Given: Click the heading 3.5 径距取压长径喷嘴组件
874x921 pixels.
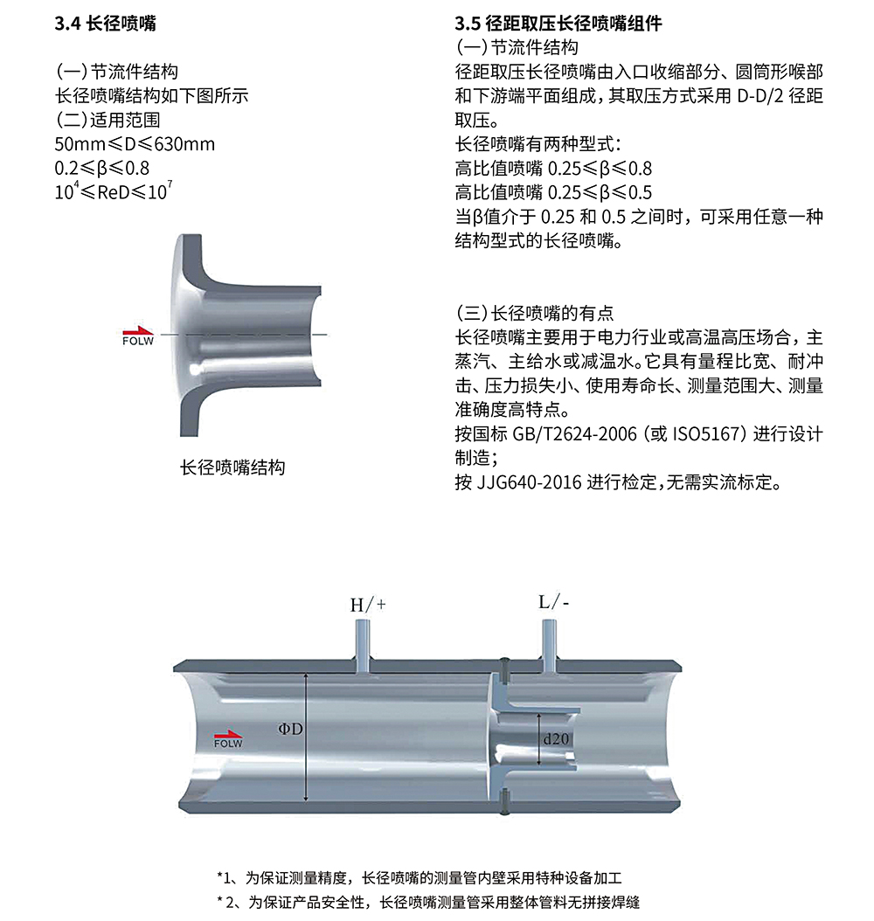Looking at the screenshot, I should tap(558, 24).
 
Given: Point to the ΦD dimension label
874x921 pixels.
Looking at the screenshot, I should tap(291, 728).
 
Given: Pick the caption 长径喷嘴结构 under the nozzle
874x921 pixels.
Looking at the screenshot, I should tap(232, 467).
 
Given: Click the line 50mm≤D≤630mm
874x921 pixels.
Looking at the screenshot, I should tap(135, 143).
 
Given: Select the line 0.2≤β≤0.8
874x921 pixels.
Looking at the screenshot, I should tap(102, 167).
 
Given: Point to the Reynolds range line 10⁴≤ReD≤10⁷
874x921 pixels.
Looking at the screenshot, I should tap(114, 191).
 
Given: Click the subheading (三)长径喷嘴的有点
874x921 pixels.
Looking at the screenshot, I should tap(535, 313).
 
